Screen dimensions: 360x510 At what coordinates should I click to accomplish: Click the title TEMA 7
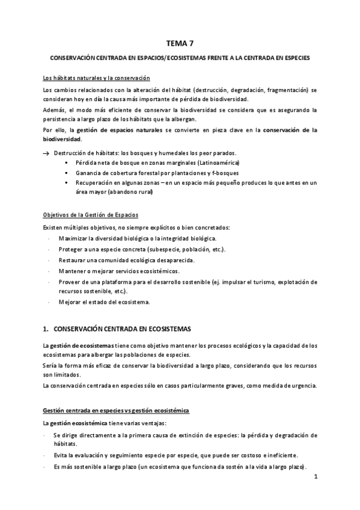tap(180, 43)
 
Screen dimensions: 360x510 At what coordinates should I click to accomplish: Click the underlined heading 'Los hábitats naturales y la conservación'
tap(96, 79)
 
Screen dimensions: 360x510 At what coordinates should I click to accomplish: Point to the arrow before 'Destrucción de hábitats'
tap(46, 153)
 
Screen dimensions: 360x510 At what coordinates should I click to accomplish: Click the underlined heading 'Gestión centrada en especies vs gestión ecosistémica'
tap(115, 411)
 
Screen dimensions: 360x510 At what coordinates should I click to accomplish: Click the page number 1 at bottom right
tap(315, 478)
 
